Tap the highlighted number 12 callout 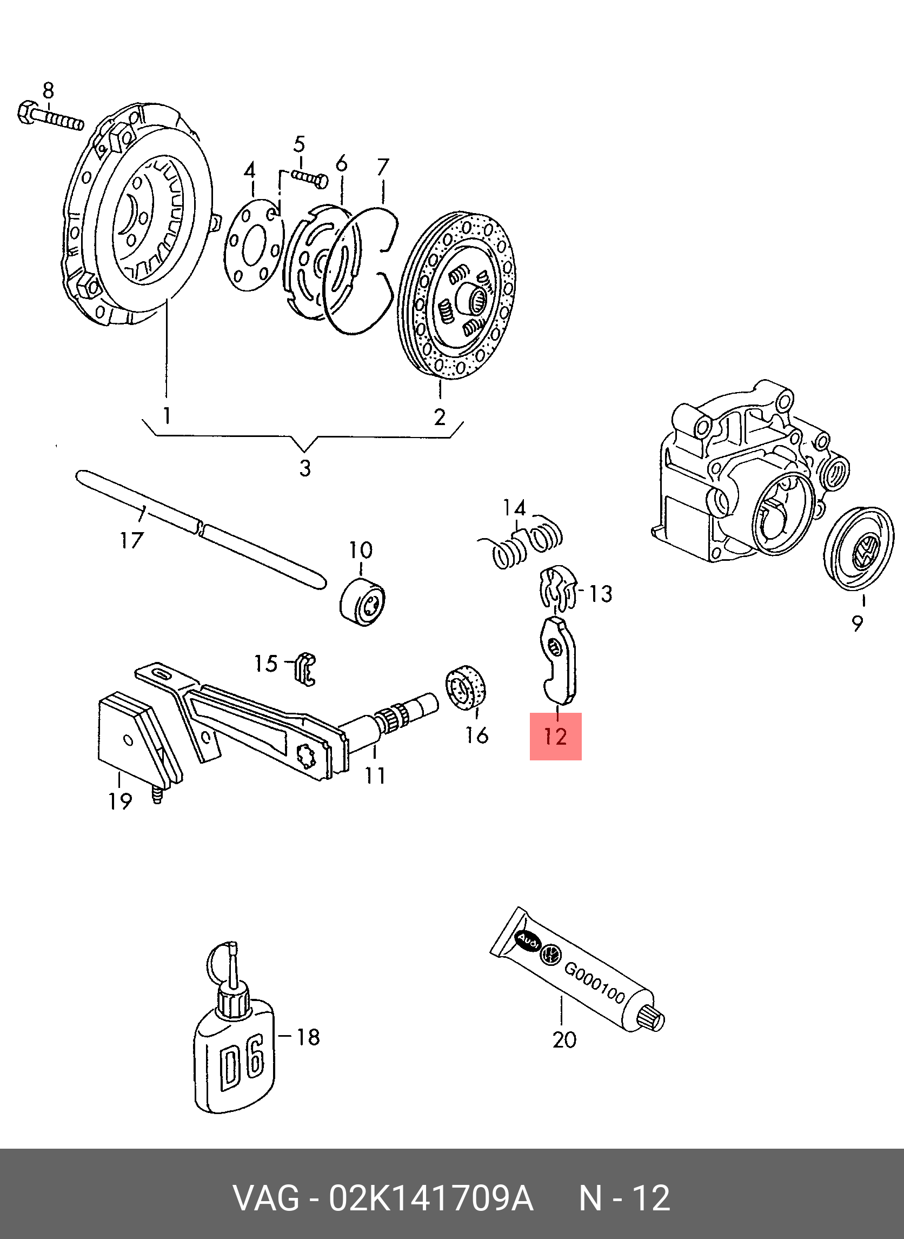coord(555,737)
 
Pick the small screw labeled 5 coord(310,178)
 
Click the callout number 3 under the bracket coord(305,468)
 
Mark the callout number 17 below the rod coord(132,540)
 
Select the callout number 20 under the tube coord(564,1039)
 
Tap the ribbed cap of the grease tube coord(652,1018)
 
